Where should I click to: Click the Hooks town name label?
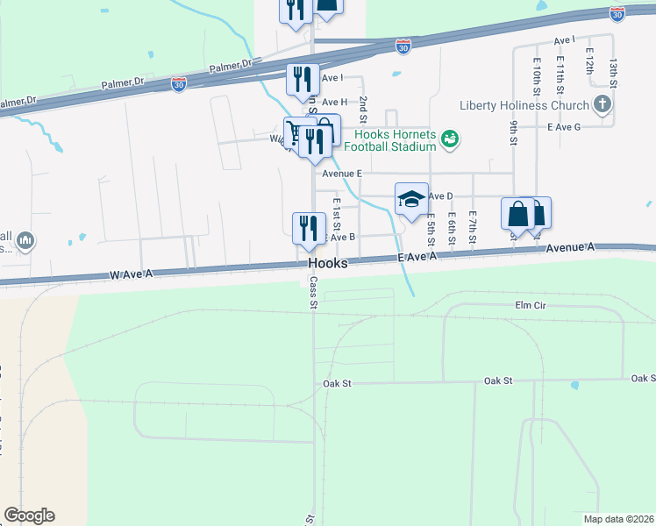pyautogui.click(x=328, y=263)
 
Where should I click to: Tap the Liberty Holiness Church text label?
pyautogui.click(x=524, y=106)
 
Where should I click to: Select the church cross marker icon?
pyautogui.click(x=602, y=106)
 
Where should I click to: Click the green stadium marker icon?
pyautogui.click(x=450, y=139)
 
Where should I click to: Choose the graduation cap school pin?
pyautogui.click(x=411, y=200)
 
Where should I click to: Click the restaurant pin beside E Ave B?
pyautogui.click(x=309, y=228)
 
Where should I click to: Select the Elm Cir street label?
pyautogui.click(x=531, y=306)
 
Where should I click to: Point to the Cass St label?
pyautogui.click(x=311, y=295)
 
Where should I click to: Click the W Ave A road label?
pyautogui.click(x=132, y=274)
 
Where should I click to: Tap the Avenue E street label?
pyautogui.click(x=342, y=174)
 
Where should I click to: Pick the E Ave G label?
pyautogui.click(x=564, y=127)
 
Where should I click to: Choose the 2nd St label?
pyautogui.click(x=362, y=108)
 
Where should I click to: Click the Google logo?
pyautogui.click(x=29, y=515)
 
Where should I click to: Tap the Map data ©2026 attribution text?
pyautogui.click(x=619, y=519)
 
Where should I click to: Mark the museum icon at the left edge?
pyautogui.click(x=25, y=239)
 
